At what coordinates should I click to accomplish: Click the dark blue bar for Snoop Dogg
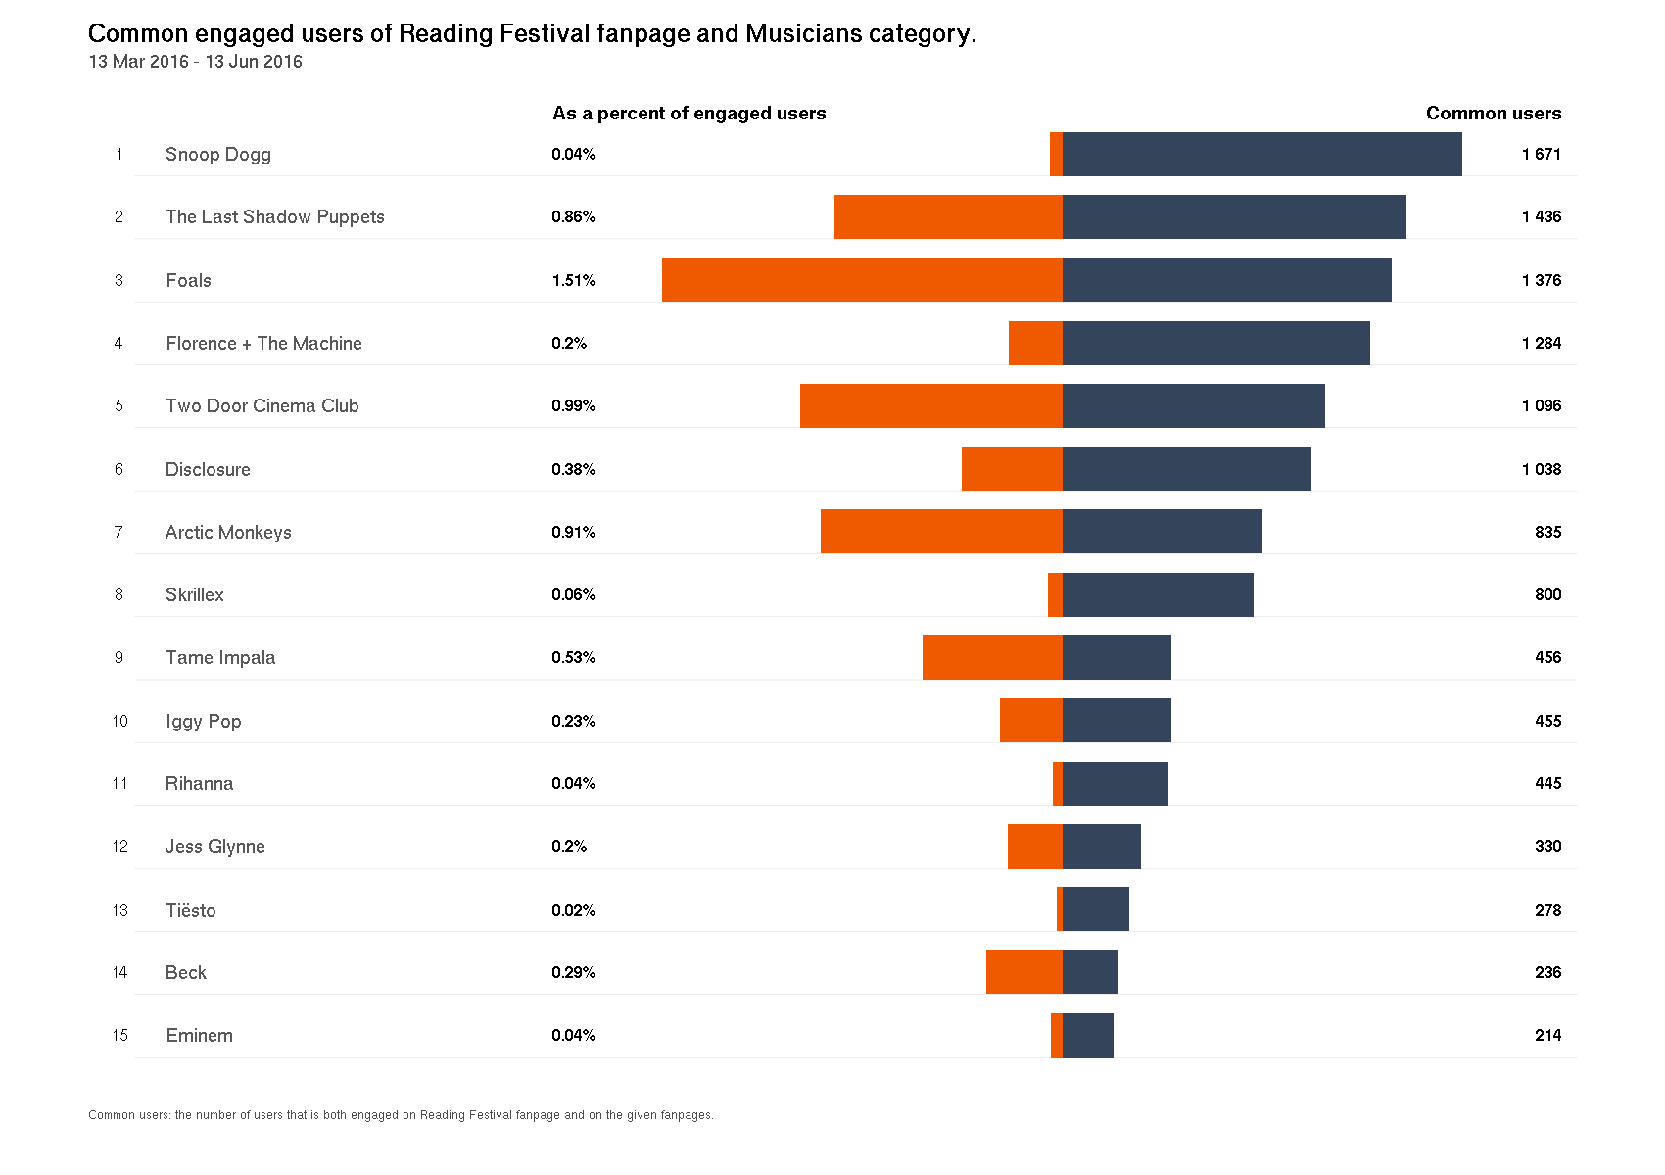click(x=1261, y=154)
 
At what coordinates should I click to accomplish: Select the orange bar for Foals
click(x=862, y=280)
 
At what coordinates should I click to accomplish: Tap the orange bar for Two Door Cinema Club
click(x=930, y=405)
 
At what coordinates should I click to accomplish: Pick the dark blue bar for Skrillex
click(x=1158, y=594)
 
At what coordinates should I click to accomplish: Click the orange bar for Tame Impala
click(x=992, y=657)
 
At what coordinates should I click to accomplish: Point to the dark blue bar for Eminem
click(x=1088, y=1035)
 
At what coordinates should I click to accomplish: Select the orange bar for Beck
click(x=1023, y=972)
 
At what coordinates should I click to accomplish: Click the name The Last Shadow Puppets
click(x=274, y=217)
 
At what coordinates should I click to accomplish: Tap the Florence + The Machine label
click(x=263, y=344)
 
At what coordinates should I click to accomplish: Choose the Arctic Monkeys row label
click(x=228, y=533)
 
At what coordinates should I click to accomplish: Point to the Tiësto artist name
click(x=190, y=910)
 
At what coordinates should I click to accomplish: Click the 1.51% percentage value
click(x=573, y=281)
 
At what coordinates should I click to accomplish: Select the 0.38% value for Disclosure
click(x=573, y=470)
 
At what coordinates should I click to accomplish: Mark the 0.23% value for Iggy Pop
click(x=573, y=722)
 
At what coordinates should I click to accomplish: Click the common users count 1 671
click(x=1541, y=155)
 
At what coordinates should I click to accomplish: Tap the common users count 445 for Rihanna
click(x=1547, y=784)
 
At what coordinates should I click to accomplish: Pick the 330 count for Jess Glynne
click(x=1547, y=847)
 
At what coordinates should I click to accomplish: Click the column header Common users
click(x=1493, y=114)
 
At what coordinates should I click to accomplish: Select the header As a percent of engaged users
click(x=689, y=114)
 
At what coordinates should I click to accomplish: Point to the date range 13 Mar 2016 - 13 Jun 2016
click(x=195, y=62)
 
